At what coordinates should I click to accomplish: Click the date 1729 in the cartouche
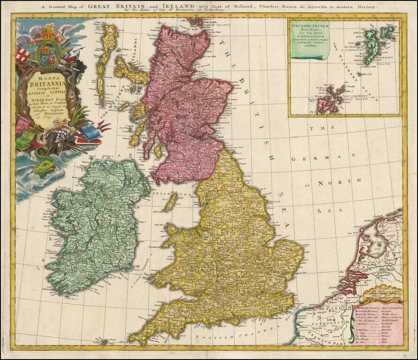click(x=44, y=118)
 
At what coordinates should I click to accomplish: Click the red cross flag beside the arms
click(x=23, y=55)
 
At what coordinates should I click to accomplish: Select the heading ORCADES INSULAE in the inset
click(x=309, y=26)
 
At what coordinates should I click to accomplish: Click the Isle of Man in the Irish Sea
click(x=170, y=202)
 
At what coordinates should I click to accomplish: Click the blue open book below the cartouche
click(x=89, y=135)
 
